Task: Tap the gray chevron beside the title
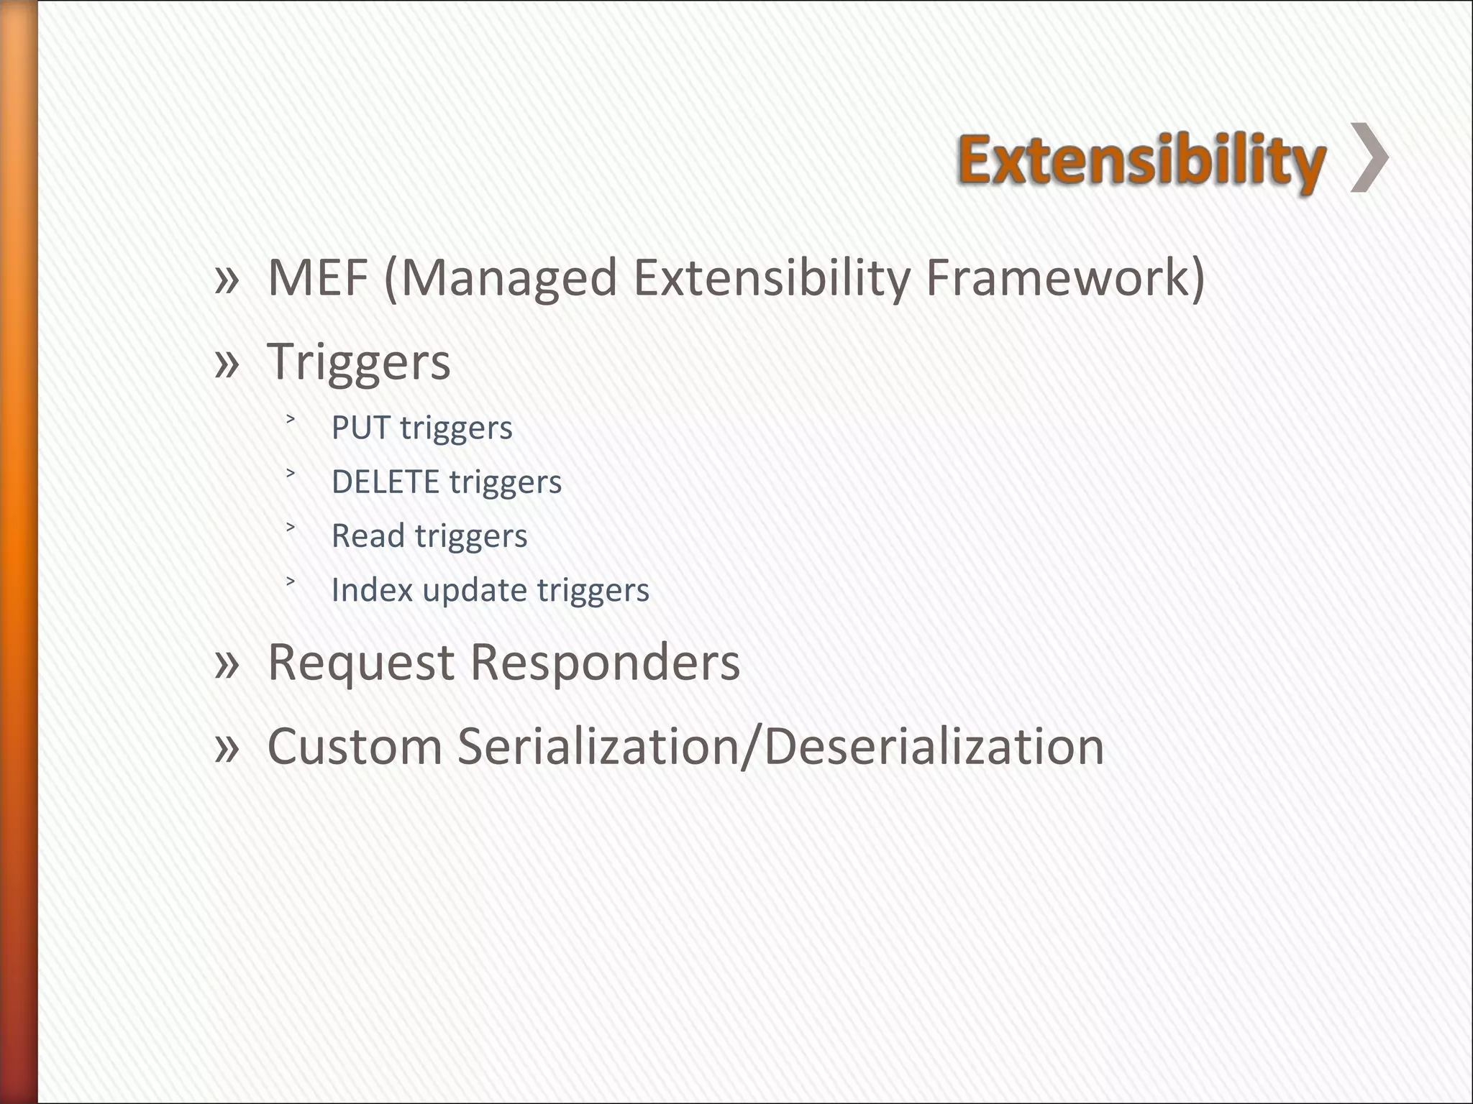tap(1369, 158)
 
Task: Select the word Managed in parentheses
tap(509, 279)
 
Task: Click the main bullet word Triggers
tap(359, 362)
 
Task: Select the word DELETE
tap(385, 482)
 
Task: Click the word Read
tap(368, 535)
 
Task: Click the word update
tap(475, 591)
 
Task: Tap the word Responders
tap(605, 662)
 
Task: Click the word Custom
tap(355, 746)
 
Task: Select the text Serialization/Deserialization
tap(780, 746)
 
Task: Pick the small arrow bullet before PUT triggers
tap(291, 419)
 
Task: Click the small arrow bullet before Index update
tap(291, 581)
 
